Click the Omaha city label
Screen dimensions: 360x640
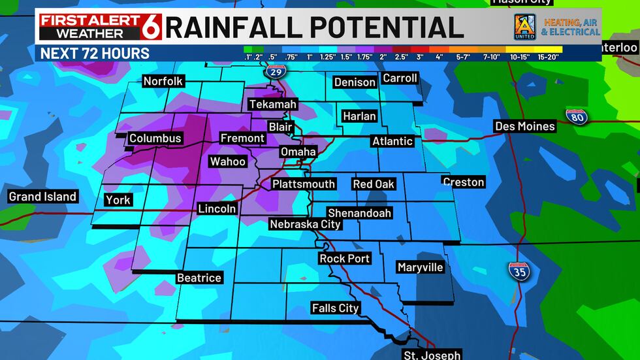point(298,152)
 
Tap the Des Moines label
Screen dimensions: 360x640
point(525,126)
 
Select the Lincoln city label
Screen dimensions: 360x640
point(217,209)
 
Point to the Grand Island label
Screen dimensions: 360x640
point(42,197)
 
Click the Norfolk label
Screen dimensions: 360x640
point(163,82)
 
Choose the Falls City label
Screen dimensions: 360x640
point(336,308)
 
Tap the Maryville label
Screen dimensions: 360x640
point(420,267)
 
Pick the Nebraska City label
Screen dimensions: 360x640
point(306,224)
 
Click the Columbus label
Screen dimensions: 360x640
point(155,139)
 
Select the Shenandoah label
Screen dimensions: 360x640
point(359,213)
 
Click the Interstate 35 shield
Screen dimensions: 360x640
point(519,272)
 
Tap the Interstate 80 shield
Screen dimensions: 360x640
point(576,117)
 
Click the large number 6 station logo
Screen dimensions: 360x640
point(152,27)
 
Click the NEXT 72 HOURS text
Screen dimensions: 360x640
point(95,53)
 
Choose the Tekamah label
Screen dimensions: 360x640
point(272,105)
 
